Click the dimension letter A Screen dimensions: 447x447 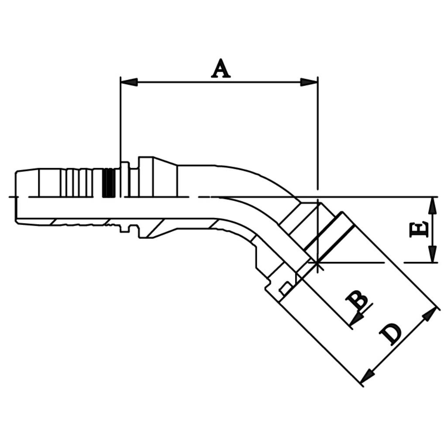tap(220, 69)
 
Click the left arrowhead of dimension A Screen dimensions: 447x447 tap(129, 83)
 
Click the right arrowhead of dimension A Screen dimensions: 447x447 tap(309, 83)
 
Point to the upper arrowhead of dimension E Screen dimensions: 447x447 tap(433, 205)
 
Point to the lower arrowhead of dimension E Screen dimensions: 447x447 tap(433, 254)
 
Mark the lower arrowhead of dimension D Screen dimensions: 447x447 tap(368, 376)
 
